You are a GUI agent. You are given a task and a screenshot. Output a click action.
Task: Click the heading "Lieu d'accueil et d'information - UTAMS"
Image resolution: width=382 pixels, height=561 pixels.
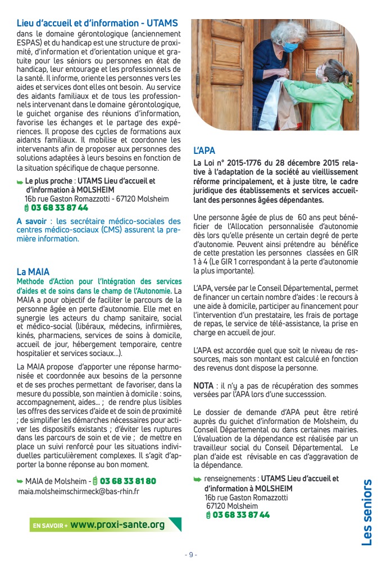(97, 24)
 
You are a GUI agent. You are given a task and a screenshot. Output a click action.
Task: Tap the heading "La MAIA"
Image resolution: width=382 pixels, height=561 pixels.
(32, 271)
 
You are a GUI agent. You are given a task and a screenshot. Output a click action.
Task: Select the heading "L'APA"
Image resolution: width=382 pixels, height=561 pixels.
(204, 151)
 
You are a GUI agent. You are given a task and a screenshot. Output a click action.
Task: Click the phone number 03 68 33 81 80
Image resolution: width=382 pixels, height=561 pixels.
(128, 481)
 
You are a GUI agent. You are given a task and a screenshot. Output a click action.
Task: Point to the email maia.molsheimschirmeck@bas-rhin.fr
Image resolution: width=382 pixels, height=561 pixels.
(79, 491)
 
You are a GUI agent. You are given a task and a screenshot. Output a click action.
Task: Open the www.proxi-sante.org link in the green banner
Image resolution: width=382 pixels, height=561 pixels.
(117, 524)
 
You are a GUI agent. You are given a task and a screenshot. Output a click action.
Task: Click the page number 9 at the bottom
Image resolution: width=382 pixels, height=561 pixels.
(191, 554)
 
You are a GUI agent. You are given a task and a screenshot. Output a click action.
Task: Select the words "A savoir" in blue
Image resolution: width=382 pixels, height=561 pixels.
(35, 222)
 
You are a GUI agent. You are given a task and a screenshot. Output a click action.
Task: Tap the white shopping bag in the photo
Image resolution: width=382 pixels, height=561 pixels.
(271, 104)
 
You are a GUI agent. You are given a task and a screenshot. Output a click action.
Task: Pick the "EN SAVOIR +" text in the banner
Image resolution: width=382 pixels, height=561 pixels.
(50, 526)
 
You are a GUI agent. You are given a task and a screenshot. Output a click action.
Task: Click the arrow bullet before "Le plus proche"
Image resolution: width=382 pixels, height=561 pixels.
(20, 182)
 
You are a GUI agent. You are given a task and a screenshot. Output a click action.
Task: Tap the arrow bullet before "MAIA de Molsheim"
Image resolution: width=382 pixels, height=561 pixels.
(20, 481)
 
